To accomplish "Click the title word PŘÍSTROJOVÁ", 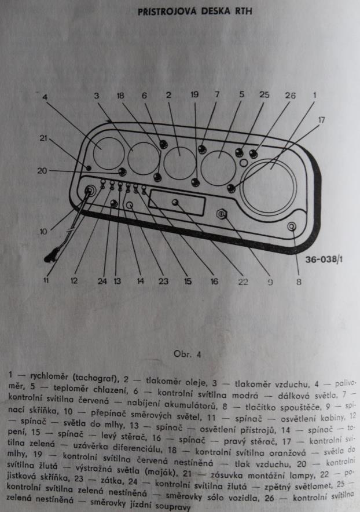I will (x=169, y=11).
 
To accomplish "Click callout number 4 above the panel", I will (x=45, y=97).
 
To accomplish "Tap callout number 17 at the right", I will (x=322, y=119).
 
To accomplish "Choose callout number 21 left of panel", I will (x=45, y=137).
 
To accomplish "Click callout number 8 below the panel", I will (x=299, y=282).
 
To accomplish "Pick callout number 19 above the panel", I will (x=194, y=94).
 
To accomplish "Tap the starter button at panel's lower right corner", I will (x=291, y=227).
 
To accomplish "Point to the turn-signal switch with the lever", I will (x=90, y=191).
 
